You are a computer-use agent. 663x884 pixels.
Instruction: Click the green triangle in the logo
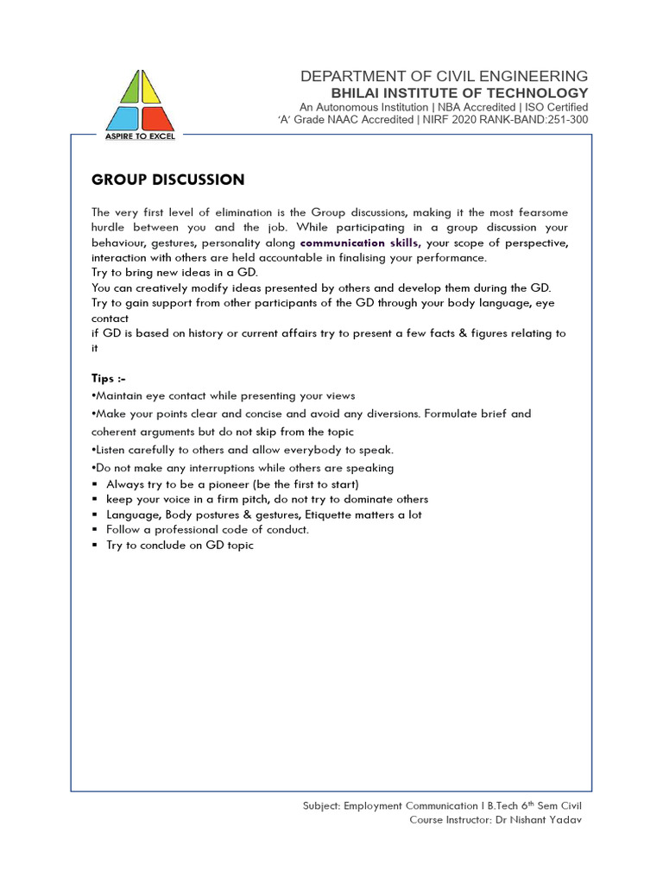click(x=129, y=90)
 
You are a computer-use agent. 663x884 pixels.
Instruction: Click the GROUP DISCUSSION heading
click(x=167, y=180)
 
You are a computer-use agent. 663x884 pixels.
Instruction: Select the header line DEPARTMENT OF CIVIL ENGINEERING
click(x=444, y=77)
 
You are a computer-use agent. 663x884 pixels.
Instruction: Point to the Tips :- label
click(x=109, y=378)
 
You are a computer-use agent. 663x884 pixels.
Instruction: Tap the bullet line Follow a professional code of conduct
click(x=207, y=529)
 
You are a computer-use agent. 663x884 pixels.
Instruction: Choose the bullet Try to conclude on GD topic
click(x=180, y=546)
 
